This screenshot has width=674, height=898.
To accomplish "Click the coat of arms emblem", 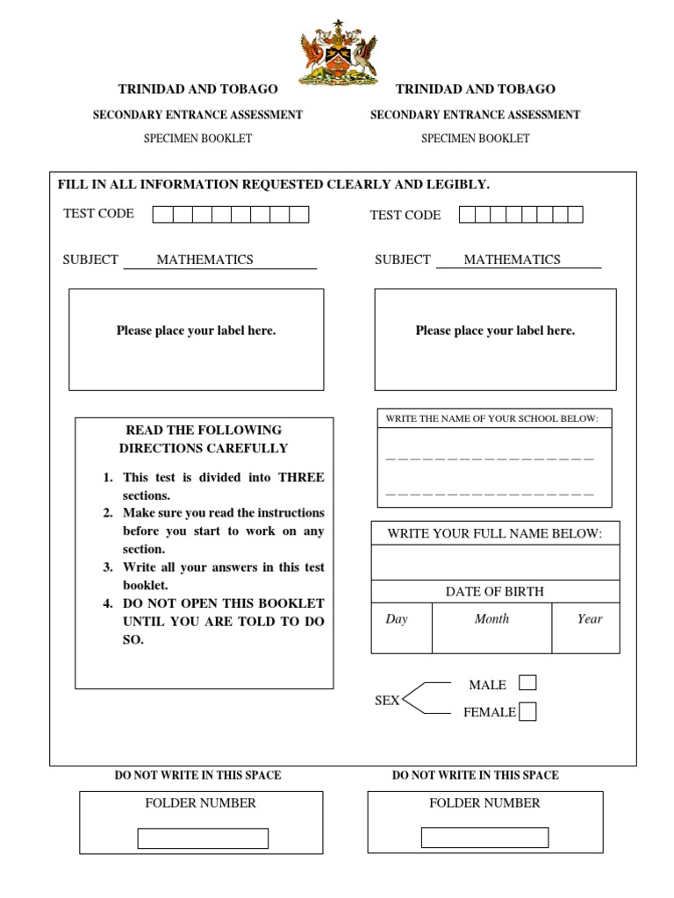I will pos(338,54).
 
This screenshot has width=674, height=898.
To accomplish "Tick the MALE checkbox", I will pos(527,683).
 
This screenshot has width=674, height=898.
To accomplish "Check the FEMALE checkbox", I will pos(527,712).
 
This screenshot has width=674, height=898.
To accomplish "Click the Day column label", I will pos(397,619).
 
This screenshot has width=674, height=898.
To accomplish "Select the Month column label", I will pos(491,619).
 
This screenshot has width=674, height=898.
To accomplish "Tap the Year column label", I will pos(590,619).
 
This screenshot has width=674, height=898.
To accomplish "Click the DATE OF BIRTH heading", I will pos(495,592).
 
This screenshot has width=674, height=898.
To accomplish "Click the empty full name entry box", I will pos(495,562).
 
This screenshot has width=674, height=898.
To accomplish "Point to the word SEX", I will pos(387,701).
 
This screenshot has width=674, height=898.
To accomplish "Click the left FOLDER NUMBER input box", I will pos(203,838).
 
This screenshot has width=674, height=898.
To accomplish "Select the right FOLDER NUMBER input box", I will pos(484,837).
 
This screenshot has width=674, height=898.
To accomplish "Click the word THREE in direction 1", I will pos(301,478).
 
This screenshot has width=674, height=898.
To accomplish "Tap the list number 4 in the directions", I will pos(108,603).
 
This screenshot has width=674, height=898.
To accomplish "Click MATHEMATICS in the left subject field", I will pos(204,260).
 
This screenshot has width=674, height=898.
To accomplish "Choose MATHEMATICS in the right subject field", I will pos(512,260).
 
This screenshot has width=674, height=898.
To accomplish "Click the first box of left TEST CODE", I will pos(162,215).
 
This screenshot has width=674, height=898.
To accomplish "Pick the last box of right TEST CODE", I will pos(575,215).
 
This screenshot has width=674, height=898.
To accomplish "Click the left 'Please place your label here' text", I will pos(196,331).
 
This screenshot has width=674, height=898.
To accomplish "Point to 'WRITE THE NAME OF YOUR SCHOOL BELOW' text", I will pos(492,419).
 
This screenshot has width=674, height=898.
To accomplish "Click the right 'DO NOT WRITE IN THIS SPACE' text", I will pos(475,775).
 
